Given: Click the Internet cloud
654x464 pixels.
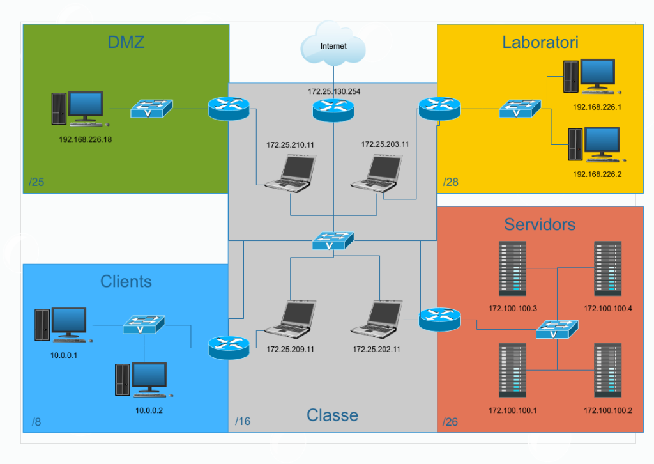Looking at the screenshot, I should (333, 45).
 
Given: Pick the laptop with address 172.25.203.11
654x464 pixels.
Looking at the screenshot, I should (377, 173).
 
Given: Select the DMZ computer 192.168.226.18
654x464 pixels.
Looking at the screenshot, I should (79, 109).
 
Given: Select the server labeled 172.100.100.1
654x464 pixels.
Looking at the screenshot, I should (512, 371).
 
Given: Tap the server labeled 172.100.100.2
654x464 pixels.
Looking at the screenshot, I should (607, 371).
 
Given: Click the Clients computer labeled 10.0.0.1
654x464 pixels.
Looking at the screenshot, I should (61, 325).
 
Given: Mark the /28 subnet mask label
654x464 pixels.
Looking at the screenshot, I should (451, 183).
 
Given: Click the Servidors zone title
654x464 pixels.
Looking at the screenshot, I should (540, 224).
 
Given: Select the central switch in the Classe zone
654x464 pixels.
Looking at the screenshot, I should (332, 241).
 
